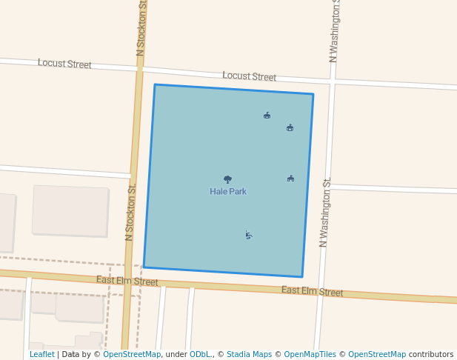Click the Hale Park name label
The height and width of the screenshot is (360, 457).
(228, 192)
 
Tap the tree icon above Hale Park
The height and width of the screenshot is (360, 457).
(227, 179)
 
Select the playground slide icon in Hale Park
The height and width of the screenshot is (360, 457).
(249, 235)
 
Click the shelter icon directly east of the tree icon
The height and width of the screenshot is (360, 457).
(290, 179)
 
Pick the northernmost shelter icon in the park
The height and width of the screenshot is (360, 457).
(267, 115)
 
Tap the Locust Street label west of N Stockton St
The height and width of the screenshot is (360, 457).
(64, 64)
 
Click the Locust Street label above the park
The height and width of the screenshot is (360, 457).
(249, 76)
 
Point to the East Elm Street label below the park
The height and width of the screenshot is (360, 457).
(312, 291)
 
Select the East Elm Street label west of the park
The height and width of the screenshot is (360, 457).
(127, 281)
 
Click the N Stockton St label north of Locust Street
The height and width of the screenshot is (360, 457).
(141, 28)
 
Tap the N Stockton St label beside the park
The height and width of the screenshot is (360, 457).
(130, 213)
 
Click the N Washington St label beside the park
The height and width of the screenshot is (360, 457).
(324, 213)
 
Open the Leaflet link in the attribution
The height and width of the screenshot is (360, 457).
(41, 355)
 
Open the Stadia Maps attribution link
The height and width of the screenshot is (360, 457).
(250, 355)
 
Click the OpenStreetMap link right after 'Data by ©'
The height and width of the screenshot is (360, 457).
(132, 355)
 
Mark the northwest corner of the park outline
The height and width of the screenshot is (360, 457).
(155, 85)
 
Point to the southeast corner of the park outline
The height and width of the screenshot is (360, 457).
(302, 276)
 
